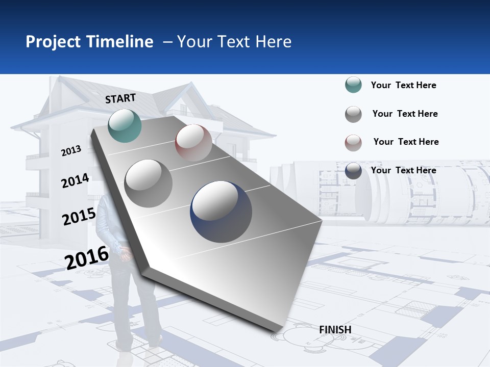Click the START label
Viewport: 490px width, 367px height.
[x=120, y=98]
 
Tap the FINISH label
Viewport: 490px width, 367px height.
[x=335, y=330]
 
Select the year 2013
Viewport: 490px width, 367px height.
[x=71, y=151]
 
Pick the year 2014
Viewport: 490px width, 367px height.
[x=75, y=180]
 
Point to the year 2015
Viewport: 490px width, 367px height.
[x=79, y=217]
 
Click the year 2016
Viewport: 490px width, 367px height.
[x=87, y=257]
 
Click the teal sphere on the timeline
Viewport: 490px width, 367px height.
[x=125, y=125]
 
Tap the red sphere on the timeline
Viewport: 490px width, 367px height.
[x=193, y=143]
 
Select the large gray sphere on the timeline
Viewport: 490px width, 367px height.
[x=149, y=183]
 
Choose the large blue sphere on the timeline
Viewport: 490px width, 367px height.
[x=221, y=212]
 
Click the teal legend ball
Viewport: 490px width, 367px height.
[x=353, y=85]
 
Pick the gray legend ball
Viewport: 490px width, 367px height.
[x=353, y=114]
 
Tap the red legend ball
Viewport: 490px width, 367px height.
[x=353, y=143]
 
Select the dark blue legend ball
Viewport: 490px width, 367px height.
[x=353, y=171]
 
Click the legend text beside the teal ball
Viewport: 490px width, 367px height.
[x=403, y=85]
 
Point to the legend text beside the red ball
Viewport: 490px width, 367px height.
[x=406, y=142]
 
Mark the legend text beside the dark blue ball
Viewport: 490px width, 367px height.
[x=403, y=170]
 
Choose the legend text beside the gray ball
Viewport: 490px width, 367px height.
[x=405, y=114]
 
